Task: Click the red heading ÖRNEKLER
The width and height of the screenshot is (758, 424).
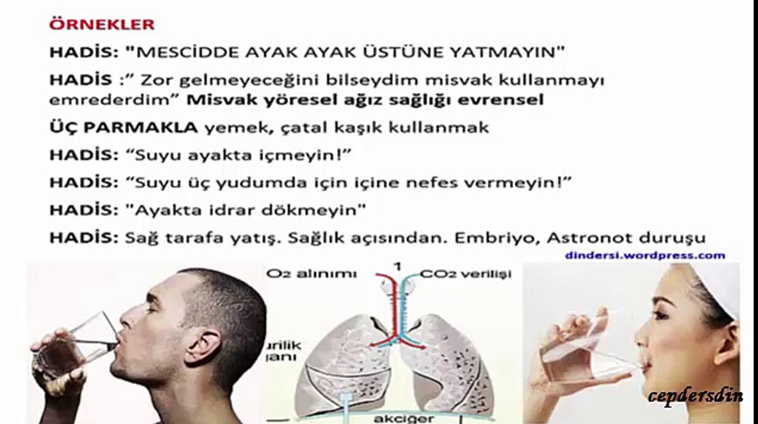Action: point(101,25)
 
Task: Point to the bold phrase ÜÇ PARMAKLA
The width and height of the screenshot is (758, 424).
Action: point(123,128)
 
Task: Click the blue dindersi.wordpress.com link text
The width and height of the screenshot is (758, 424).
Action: point(644,256)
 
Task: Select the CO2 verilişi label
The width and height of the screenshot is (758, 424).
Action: point(466,274)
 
